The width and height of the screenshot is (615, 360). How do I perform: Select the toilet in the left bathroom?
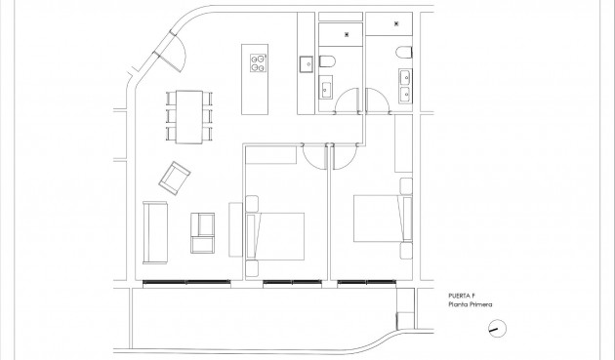point(329,63)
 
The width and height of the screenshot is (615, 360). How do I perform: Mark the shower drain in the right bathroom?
point(396,21)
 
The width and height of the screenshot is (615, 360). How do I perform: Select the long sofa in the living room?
point(153,231)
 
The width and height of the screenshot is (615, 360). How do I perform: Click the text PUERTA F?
point(463,294)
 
